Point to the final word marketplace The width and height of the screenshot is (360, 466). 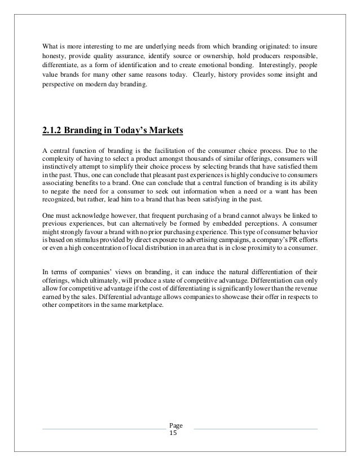(x=144, y=296)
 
